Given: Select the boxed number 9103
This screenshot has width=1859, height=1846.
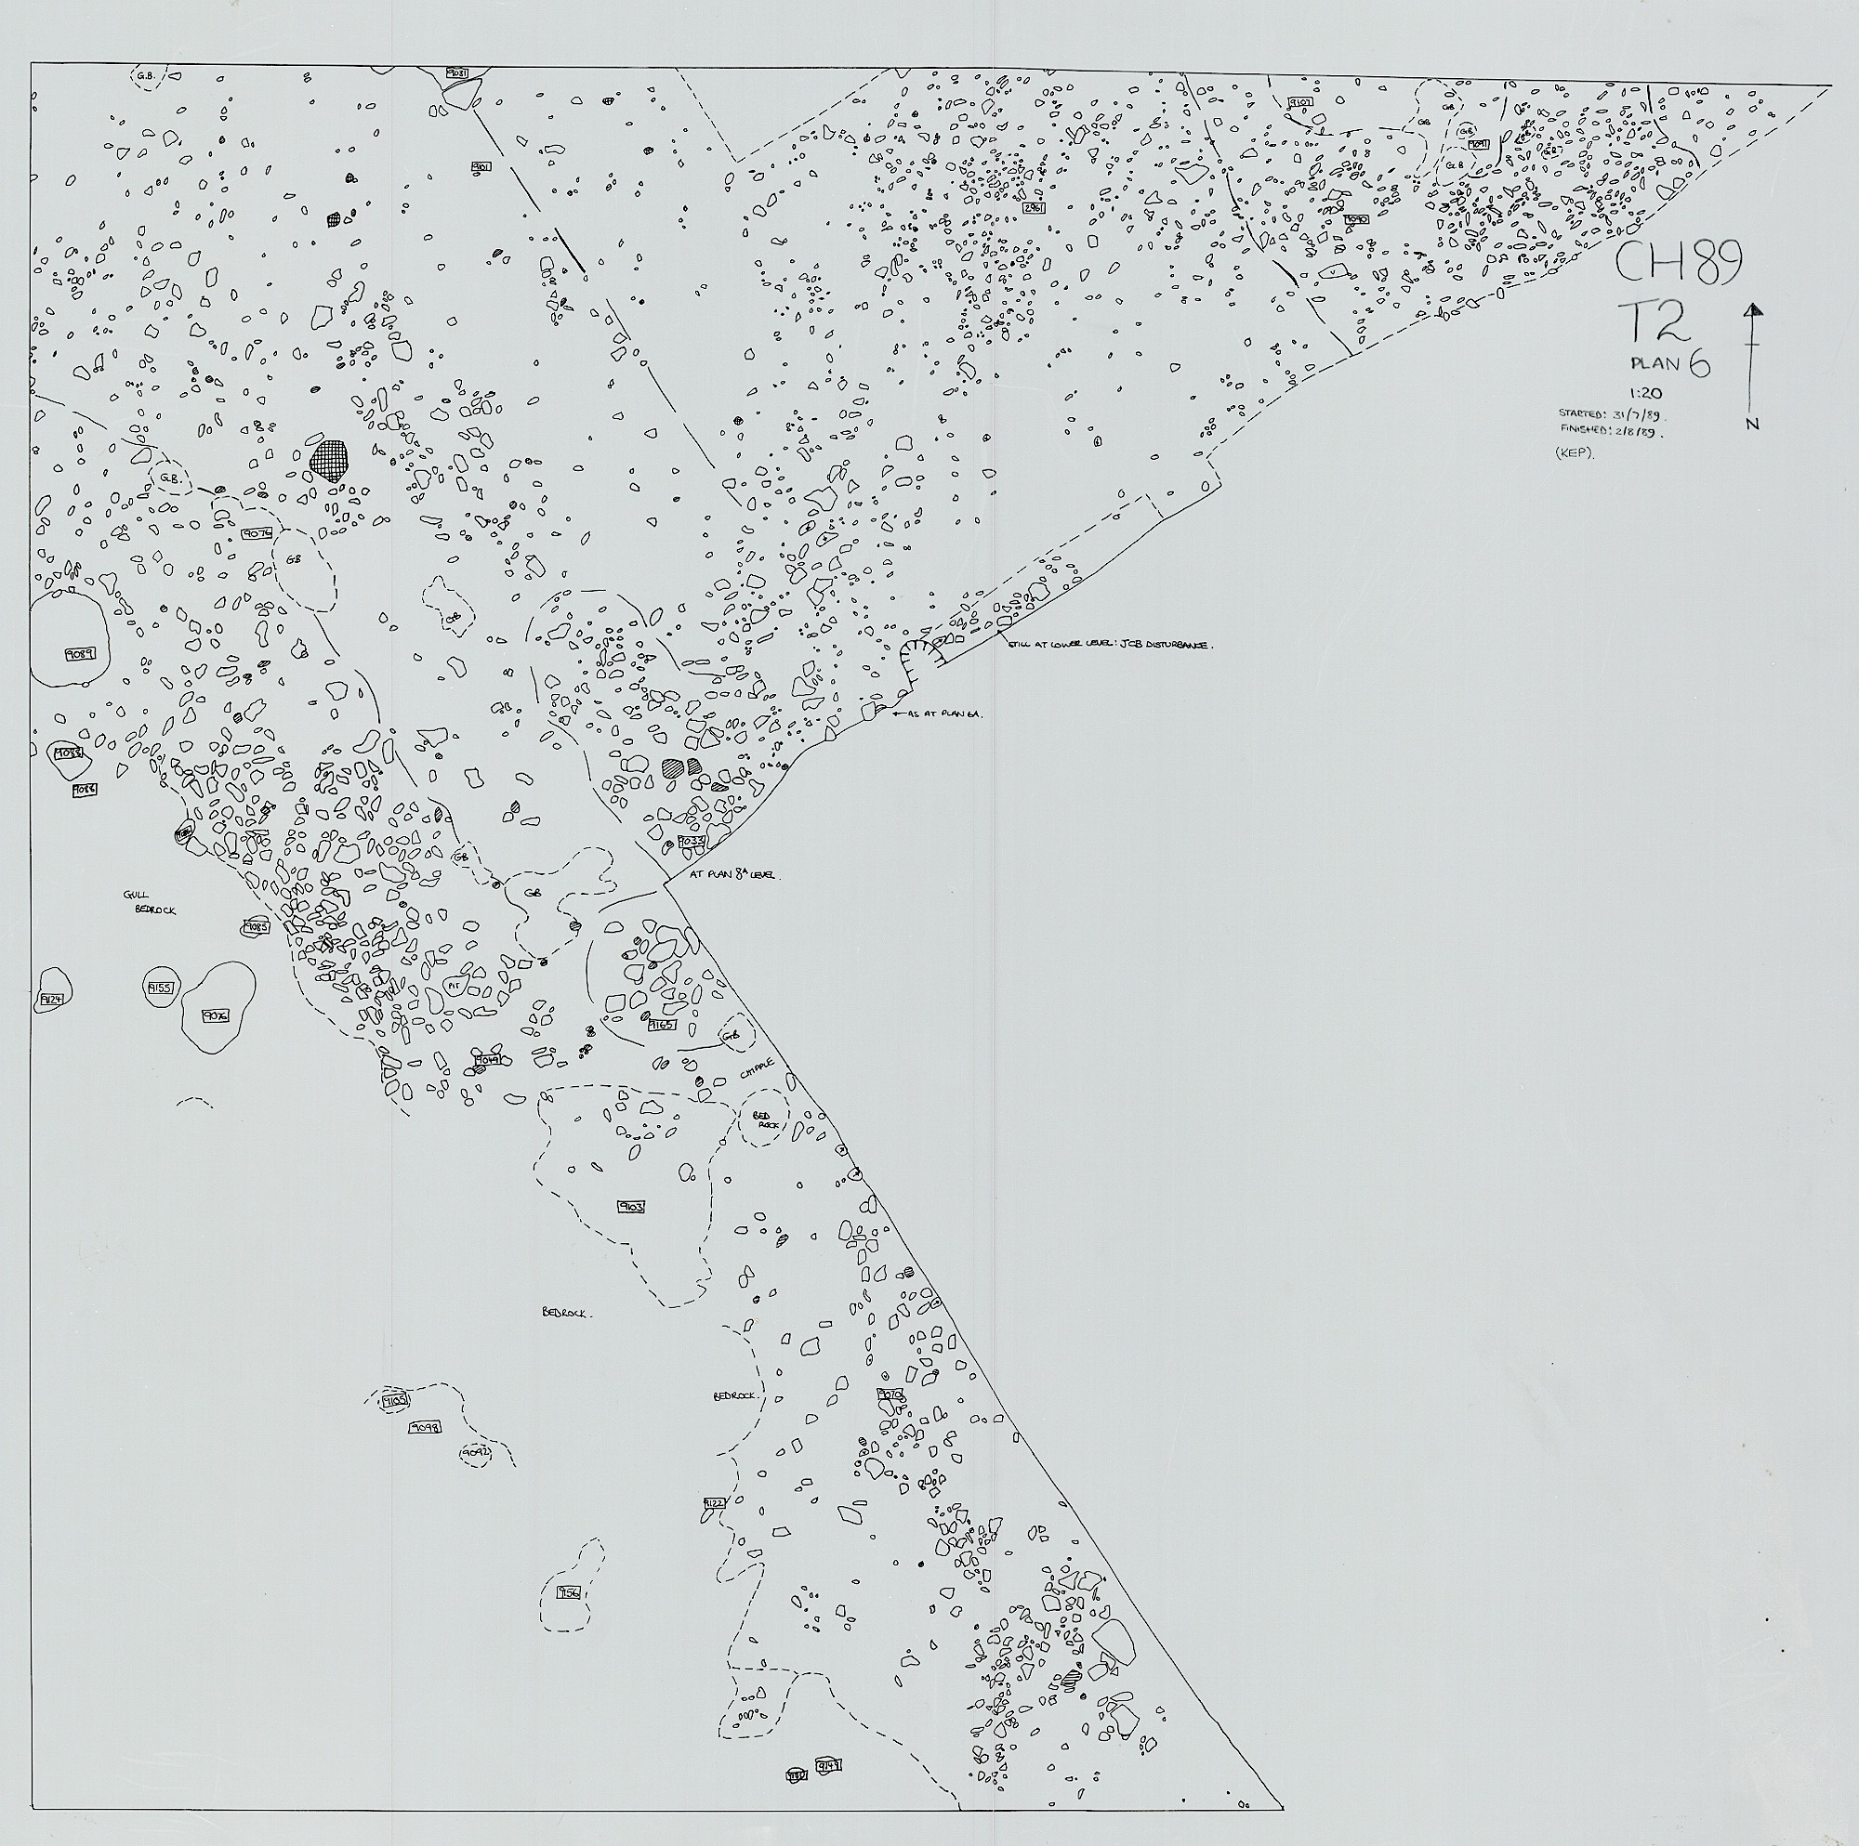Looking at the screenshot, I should [631, 1206].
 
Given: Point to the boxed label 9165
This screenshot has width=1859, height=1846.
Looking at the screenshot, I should [661, 1026].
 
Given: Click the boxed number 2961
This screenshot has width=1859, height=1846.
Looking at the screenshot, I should [1034, 208].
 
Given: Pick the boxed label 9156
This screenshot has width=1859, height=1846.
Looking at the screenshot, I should [569, 1594].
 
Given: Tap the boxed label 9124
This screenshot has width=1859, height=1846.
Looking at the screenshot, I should [51, 1001].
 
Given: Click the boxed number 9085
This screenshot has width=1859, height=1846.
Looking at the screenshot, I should [255, 927].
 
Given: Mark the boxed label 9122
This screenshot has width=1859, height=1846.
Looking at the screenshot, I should [713, 1502].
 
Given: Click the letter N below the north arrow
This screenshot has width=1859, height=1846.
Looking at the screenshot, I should [1753, 424].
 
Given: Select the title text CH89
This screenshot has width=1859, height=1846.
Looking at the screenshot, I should [1678, 262].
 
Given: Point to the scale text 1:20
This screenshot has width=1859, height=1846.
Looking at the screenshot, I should [1643, 392].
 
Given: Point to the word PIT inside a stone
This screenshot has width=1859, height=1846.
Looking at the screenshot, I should [455, 987].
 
